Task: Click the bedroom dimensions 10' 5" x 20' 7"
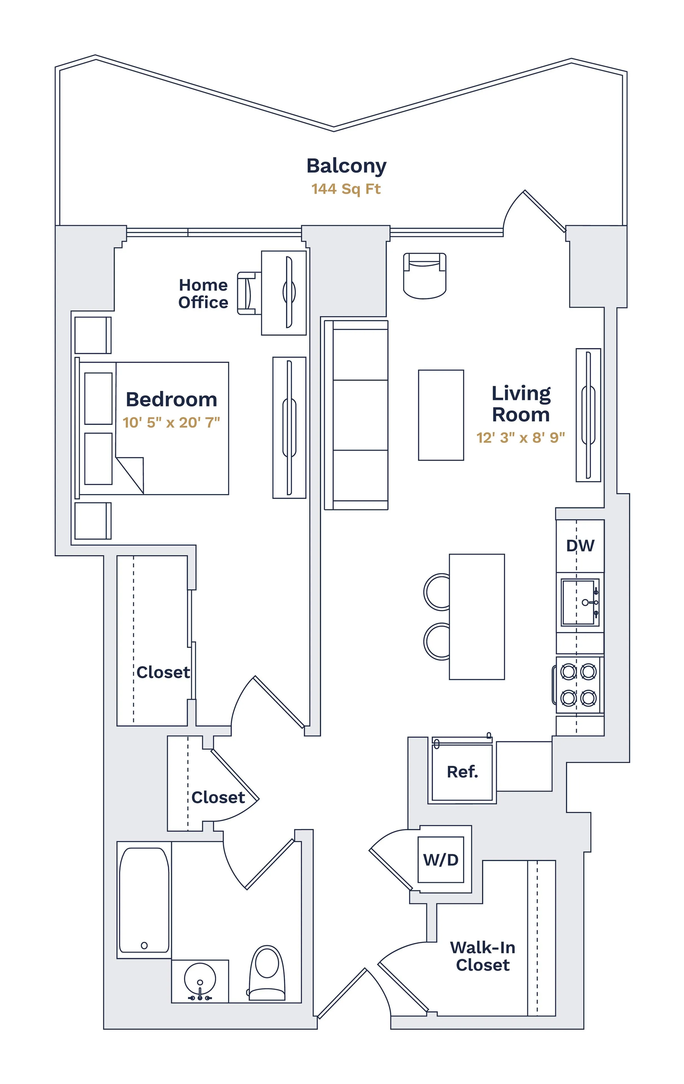(171, 422)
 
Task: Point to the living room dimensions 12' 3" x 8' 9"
(521, 438)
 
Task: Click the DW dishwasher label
(580, 546)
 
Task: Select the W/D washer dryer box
(440, 860)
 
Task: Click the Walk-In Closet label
(483, 956)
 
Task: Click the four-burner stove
(578, 685)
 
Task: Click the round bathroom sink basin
(200, 979)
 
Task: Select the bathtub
(144, 900)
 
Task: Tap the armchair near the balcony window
(424, 276)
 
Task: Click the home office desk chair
(247, 293)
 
